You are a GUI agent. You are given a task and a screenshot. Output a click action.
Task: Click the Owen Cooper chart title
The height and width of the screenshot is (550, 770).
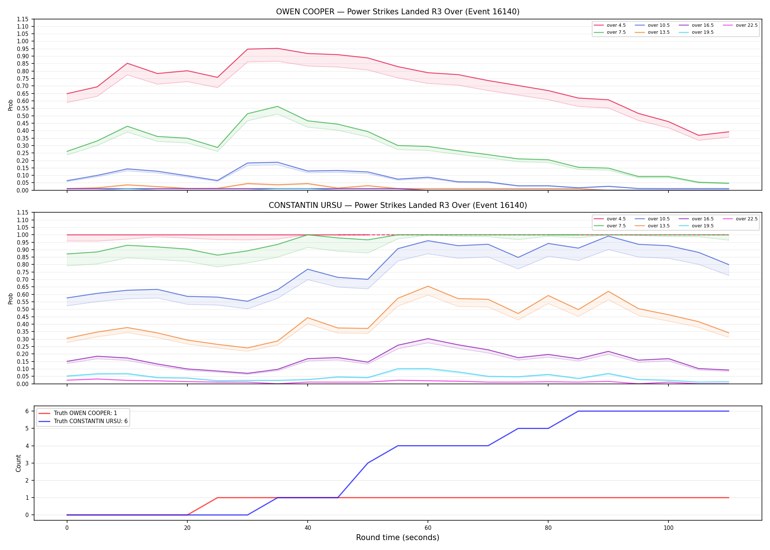[397, 12]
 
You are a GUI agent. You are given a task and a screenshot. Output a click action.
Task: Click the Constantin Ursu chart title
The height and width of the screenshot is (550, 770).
[397, 205]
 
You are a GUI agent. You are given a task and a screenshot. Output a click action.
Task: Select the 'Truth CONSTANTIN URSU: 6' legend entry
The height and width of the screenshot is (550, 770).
[83, 421]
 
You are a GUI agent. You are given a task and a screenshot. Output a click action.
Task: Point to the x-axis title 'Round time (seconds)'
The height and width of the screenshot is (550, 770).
[397, 538]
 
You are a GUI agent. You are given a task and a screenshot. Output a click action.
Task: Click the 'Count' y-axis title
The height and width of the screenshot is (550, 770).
[18, 463]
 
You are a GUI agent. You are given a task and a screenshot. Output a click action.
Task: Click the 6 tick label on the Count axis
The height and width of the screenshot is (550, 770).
[27, 411]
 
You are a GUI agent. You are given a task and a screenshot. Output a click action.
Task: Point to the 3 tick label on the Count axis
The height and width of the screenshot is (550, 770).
[27, 463]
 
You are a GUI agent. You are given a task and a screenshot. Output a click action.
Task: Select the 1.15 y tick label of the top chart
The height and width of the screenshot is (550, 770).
[22, 19]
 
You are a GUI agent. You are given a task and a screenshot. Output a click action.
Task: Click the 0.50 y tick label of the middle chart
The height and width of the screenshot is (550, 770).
[22, 309]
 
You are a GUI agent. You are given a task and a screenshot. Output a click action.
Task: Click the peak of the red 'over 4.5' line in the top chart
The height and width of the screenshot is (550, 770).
[278, 48]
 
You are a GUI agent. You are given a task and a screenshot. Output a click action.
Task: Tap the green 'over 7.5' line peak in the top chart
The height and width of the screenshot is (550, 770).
[278, 106]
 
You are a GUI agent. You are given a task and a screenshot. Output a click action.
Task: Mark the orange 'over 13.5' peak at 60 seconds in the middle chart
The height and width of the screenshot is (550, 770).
[428, 286]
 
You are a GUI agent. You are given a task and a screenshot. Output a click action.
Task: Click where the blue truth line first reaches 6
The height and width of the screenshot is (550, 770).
[578, 411]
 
